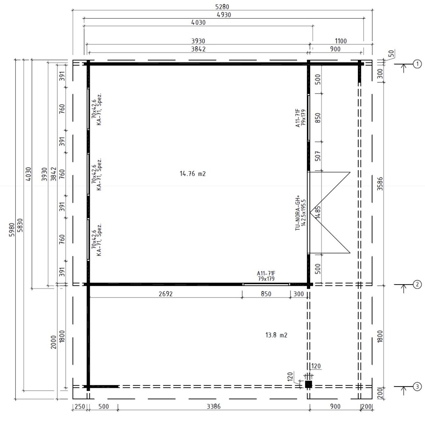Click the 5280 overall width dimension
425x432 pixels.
click(222, 7)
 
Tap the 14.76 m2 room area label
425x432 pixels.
click(193, 174)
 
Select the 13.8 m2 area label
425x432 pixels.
click(276, 335)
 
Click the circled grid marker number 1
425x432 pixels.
click(417, 64)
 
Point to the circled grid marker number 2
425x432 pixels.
click(417, 285)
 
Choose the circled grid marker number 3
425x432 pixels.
click(417, 387)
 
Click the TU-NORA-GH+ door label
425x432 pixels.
click(297, 213)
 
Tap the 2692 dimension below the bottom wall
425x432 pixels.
click(165, 294)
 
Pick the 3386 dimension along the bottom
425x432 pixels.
click(213, 406)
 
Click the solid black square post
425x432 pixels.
click(309, 385)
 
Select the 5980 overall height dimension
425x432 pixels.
click(12, 229)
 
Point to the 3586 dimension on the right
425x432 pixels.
click(380, 184)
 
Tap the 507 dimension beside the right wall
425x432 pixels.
click(318, 156)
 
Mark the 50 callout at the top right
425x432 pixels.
click(391, 54)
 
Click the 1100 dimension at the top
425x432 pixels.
click(341, 41)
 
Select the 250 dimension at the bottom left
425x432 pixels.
click(80, 406)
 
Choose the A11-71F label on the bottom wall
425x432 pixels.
click(266, 273)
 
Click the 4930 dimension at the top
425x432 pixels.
click(224, 15)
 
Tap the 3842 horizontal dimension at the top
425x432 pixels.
click(198, 49)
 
